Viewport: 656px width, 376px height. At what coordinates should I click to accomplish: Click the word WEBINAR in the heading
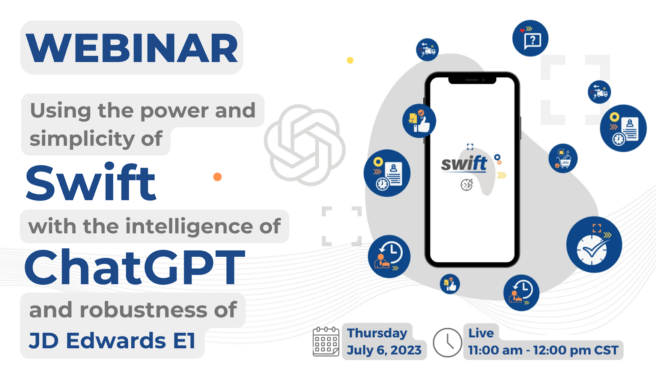coord(132,48)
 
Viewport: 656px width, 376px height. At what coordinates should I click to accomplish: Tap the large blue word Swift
coord(90,183)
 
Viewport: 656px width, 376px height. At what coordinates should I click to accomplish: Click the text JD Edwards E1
coord(112,341)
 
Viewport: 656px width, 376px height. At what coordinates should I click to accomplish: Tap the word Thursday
coord(377,333)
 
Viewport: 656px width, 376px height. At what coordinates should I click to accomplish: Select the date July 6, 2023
coord(384,350)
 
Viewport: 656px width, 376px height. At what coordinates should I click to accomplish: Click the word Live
coord(481,333)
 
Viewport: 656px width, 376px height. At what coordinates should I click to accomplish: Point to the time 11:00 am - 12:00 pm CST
coord(543,350)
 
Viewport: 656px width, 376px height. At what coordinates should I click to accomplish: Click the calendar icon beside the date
coord(326,341)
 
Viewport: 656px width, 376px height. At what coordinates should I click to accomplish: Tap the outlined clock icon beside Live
coord(447,342)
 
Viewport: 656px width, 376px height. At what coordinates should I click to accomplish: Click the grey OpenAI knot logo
coord(305,145)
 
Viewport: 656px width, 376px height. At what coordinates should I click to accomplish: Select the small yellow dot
coord(350,60)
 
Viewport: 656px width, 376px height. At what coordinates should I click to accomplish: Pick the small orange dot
coord(217,177)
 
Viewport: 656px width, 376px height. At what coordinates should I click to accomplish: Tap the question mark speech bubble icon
coord(530,38)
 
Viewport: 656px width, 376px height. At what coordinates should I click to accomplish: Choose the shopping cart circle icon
coord(563,158)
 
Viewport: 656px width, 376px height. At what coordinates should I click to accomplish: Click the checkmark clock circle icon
coord(594,245)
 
